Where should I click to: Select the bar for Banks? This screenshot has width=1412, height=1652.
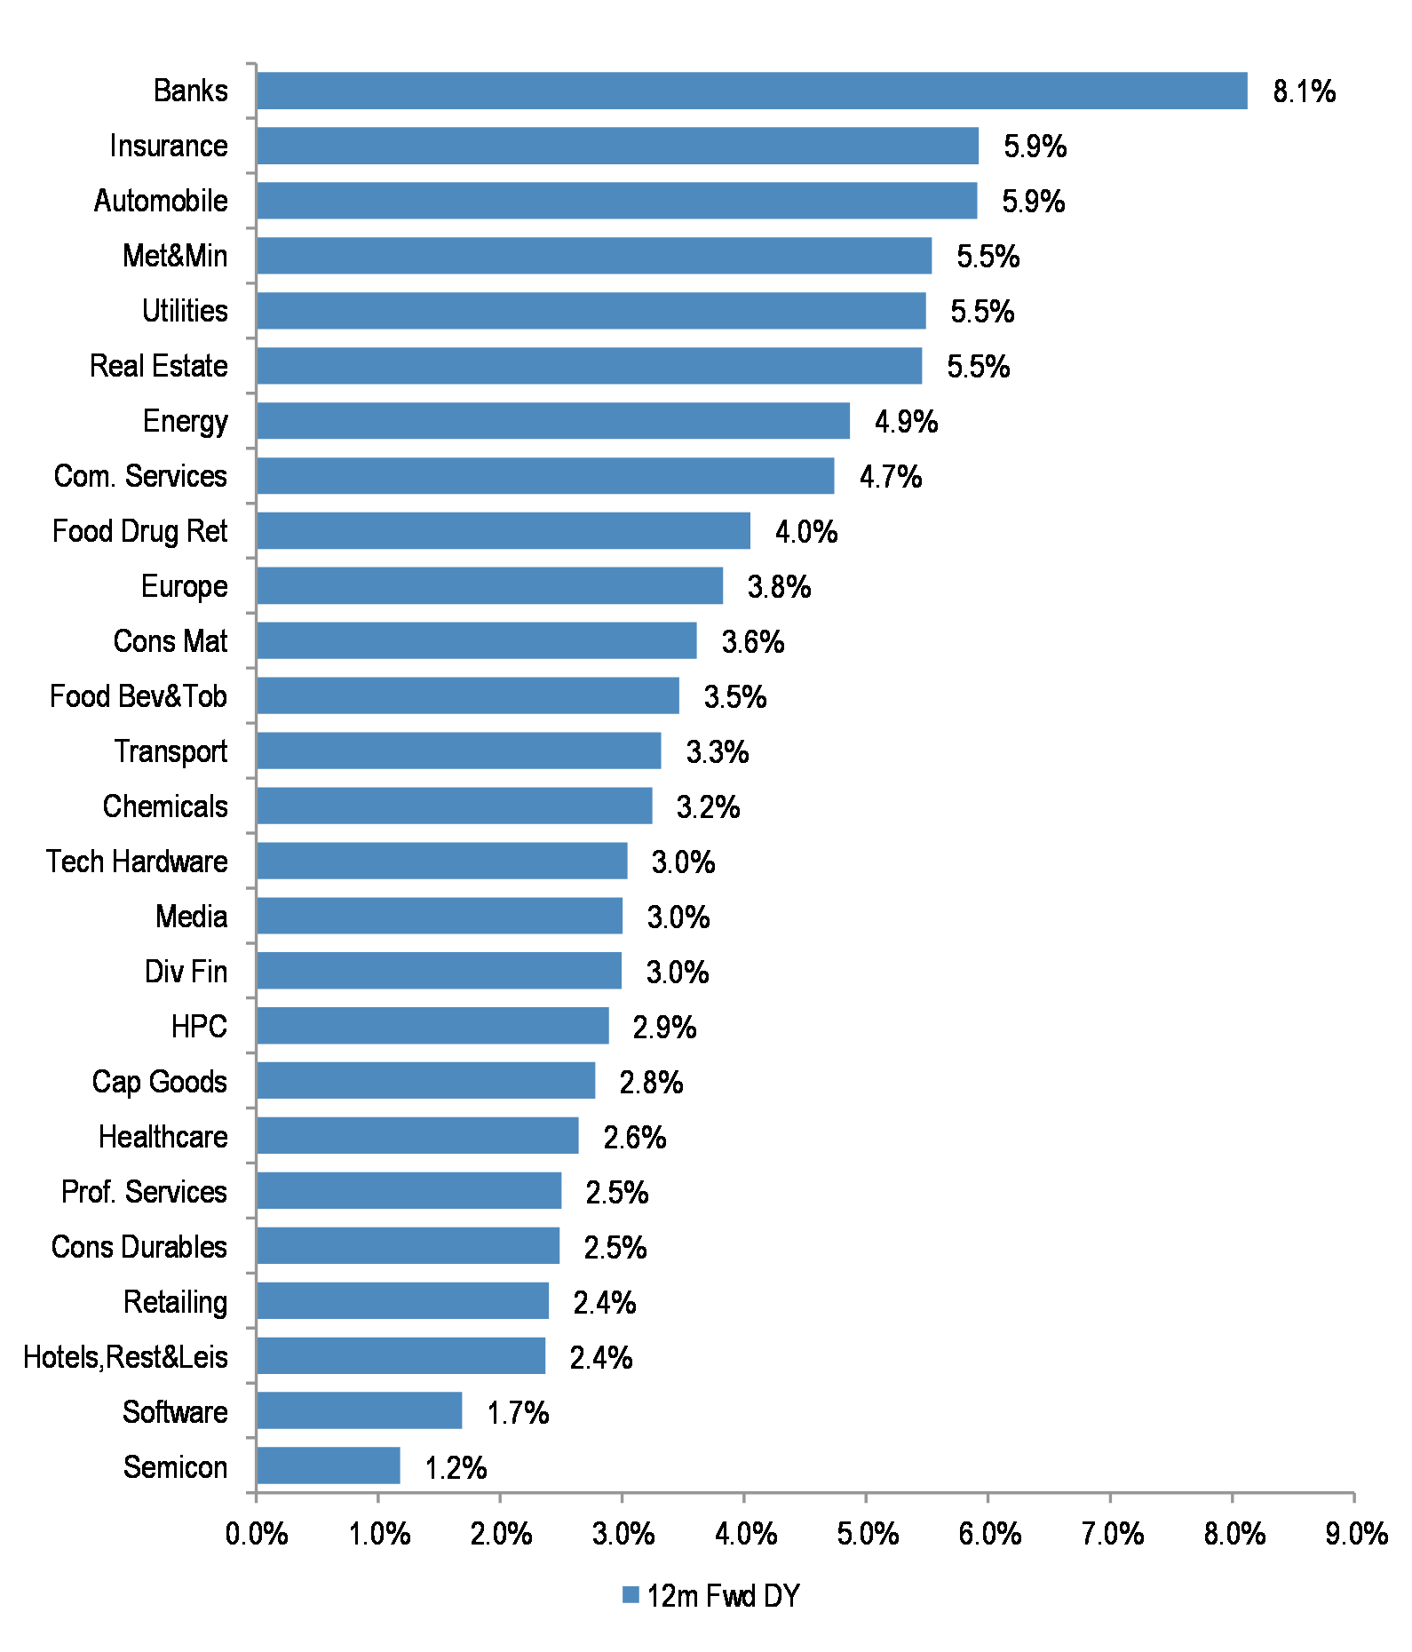(x=751, y=91)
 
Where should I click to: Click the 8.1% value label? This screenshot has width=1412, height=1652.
(x=1304, y=91)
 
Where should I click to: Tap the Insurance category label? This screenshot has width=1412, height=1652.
(x=169, y=146)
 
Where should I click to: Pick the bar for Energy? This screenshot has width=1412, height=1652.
(x=552, y=421)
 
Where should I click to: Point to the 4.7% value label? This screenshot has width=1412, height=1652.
(x=891, y=477)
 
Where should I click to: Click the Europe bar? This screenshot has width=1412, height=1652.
(x=489, y=586)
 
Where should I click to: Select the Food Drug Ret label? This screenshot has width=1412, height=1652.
(x=140, y=531)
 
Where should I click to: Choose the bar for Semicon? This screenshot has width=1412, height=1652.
(x=328, y=1465)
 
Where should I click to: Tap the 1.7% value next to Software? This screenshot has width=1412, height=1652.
(x=518, y=1412)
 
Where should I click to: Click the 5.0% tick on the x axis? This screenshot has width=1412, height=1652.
(x=868, y=1534)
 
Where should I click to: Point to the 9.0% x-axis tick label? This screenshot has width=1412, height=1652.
(x=1356, y=1534)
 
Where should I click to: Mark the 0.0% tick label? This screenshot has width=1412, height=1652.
(x=257, y=1534)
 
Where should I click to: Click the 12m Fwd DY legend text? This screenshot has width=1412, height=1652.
(x=724, y=1596)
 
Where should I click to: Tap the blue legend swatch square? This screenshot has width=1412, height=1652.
(x=631, y=1595)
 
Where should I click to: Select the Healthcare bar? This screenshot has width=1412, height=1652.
(x=417, y=1136)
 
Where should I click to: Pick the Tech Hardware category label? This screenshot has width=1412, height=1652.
(x=138, y=862)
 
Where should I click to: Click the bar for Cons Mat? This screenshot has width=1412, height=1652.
(x=476, y=640)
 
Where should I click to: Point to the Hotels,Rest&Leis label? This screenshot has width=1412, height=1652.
(x=125, y=1357)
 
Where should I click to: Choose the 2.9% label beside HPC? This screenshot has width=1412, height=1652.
(x=664, y=1028)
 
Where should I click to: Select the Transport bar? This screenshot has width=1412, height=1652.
(x=458, y=751)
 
